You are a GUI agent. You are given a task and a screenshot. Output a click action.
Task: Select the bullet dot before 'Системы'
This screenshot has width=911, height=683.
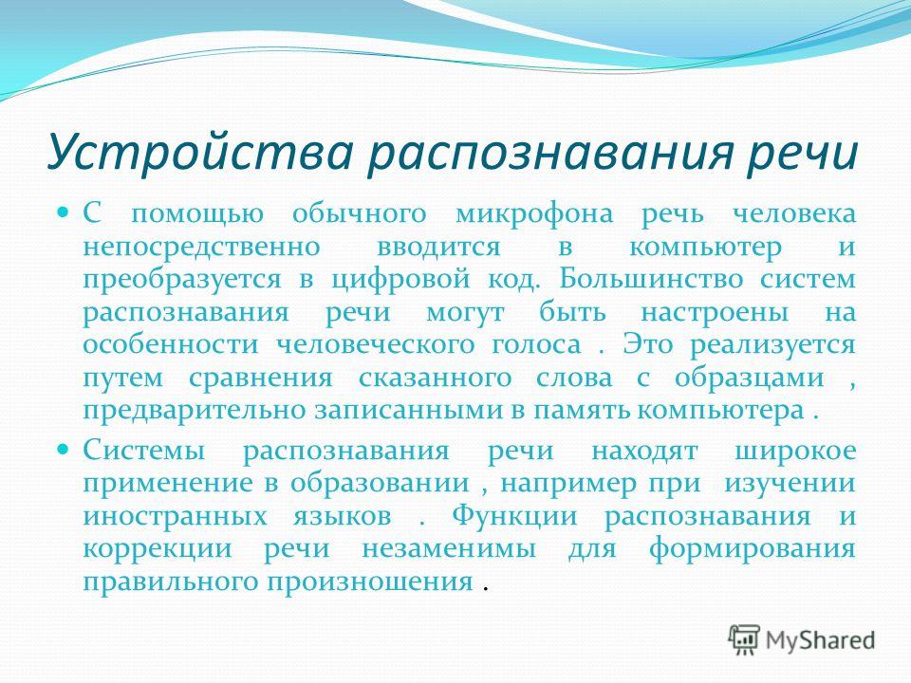[64, 449]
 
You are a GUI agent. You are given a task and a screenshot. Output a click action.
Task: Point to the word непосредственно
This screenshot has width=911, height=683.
[201, 247]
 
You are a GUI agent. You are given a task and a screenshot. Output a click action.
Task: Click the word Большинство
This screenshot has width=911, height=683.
[651, 279]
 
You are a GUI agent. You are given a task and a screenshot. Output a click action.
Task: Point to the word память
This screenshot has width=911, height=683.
[583, 411]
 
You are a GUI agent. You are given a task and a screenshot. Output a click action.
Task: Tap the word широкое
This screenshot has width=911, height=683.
[795, 452]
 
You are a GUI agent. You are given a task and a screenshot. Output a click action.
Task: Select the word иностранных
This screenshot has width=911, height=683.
[175, 516]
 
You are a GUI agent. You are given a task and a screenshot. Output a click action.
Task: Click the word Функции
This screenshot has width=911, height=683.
[514, 516]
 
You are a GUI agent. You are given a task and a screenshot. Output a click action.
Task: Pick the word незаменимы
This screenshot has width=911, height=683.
[449, 549]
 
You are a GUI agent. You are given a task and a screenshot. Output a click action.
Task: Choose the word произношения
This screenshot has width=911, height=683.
[370, 581]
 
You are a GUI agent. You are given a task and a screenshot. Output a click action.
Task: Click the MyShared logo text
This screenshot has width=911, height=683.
[820, 640]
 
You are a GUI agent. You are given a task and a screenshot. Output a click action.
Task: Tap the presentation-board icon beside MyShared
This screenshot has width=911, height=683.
[744, 640]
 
